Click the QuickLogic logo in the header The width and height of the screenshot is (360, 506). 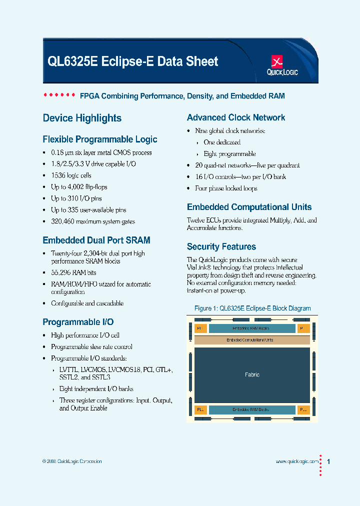pos(282,65)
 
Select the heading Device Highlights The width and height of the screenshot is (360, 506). pos(82,118)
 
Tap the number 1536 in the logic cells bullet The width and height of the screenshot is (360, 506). pos(57,175)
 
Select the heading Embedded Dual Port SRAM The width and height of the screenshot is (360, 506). pos(96,240)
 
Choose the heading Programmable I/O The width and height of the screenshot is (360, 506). pos(78,322)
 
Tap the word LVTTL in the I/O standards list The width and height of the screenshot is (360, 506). pos(69,369)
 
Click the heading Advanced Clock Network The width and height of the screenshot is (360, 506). pos(236,118)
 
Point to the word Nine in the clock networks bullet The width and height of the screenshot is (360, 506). pos(201,131)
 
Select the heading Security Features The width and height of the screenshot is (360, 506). pos(221,247)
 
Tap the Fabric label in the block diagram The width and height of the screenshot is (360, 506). pos(252,374)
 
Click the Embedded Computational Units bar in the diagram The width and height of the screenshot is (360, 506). pos(252,340)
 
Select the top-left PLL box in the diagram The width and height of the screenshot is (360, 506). pos(200,328)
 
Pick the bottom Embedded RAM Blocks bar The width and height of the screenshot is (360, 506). pos(252,409)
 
